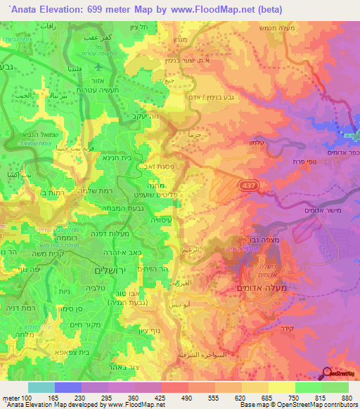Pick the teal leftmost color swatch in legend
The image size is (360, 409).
click(x=41, y=387)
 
